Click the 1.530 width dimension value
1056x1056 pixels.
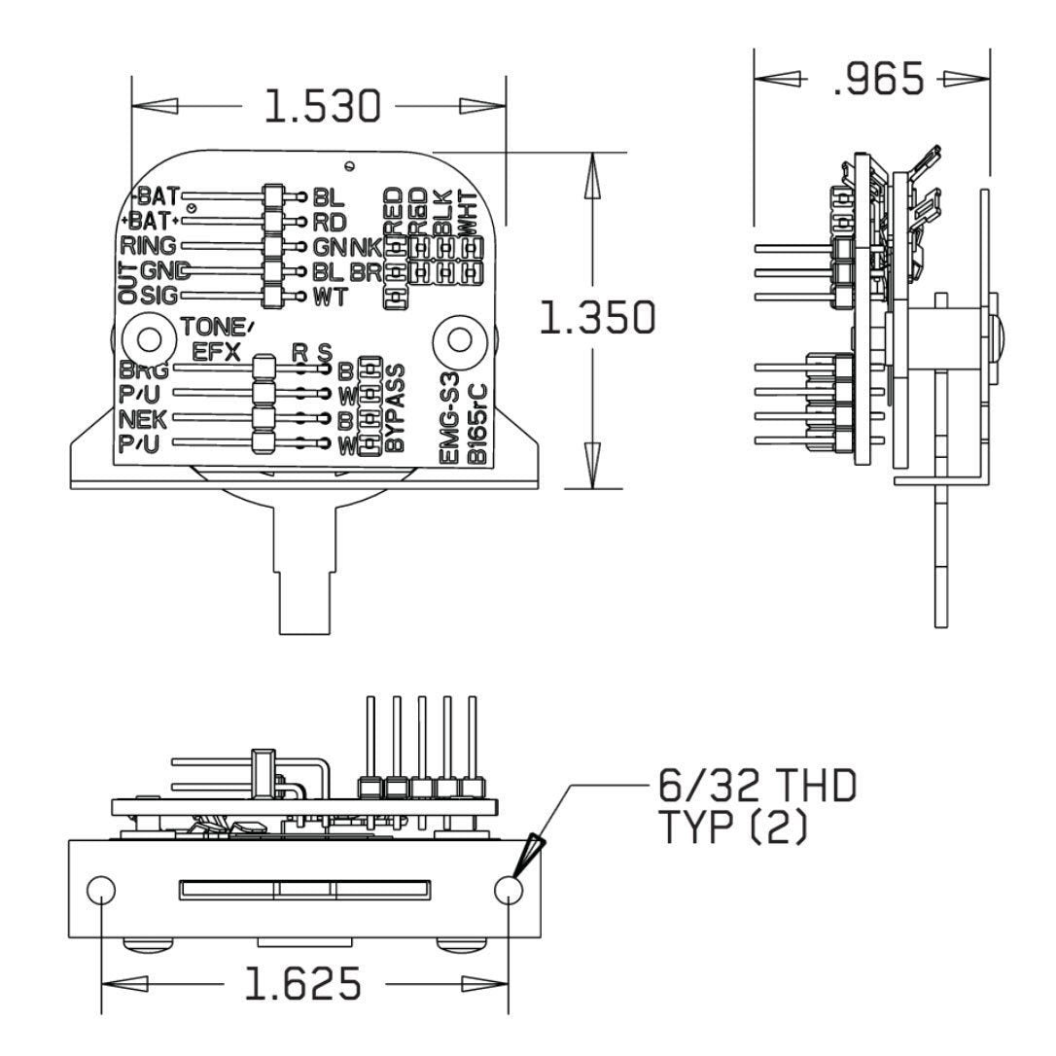[x=323, y=107]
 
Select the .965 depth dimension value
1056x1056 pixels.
[x=879, y=80]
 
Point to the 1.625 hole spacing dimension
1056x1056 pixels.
[x=302, y=984]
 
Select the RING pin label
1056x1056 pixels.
[x=148, y=245]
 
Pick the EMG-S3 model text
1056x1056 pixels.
[x=449, y=425]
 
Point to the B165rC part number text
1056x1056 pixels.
[x=475, y=426]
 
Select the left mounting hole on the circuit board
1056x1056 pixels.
[x=149, y=338]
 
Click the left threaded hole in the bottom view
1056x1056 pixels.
[x=101, y=889]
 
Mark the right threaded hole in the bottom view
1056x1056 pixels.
[x=509, y=889]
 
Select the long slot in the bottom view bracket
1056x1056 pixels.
[x=303, y=889]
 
